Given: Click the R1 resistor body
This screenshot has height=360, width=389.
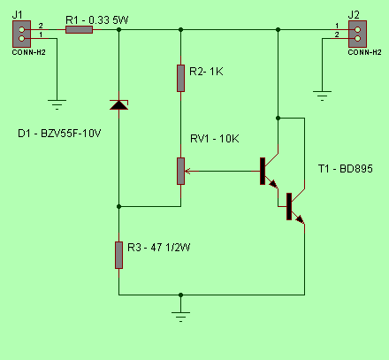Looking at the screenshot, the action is tap(79, 29).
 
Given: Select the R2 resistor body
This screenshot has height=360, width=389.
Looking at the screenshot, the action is tap(180, 79).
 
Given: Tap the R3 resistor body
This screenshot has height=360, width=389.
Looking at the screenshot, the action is tap(118, 255).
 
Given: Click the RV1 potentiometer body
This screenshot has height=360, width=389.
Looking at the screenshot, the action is tap(180, 171).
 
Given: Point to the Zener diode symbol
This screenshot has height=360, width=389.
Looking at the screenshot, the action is tap(118, 104).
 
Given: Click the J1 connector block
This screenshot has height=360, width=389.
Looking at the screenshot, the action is tap(21, 34).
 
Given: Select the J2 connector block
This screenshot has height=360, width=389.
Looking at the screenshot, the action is tap(357, 34).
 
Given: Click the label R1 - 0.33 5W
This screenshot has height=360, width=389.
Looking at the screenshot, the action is tap(97, 20).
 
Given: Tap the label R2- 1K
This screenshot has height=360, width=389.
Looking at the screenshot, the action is tap(206, 72).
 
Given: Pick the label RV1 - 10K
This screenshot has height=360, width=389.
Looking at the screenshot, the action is tap(215, 139).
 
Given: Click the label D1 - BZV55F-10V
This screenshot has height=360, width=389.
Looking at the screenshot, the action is tap(59, 134).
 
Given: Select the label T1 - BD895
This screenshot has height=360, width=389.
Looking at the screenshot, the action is tap(346, 169).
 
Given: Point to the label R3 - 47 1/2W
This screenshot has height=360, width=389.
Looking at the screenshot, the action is tap(159, 247).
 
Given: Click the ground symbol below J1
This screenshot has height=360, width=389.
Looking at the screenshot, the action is tap(57, 104).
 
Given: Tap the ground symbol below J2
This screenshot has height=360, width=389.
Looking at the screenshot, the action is tap(322, 96).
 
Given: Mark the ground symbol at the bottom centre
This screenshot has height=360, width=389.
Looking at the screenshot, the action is tap(180, 317).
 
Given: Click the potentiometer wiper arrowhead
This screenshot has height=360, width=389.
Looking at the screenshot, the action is tap(187, 171).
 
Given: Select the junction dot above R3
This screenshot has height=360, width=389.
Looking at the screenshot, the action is tap(118, 206).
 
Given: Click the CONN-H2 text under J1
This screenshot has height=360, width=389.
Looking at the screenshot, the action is tap(28, 52).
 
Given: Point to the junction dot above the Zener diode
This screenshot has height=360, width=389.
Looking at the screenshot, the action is tap(118, 29).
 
